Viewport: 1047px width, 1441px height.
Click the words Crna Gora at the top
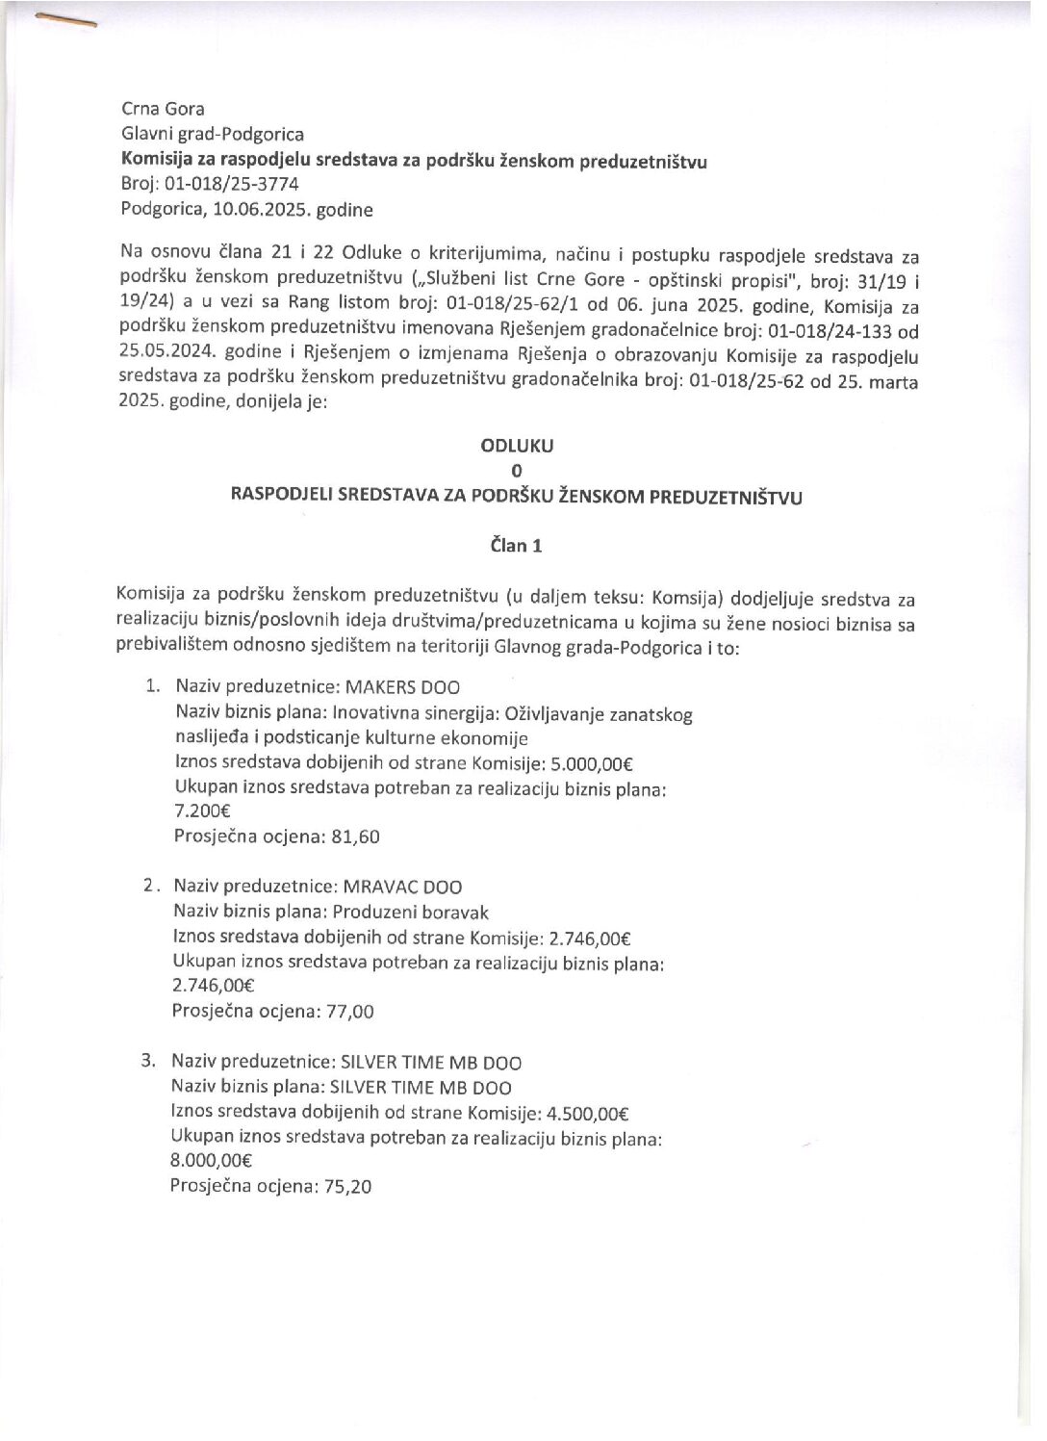[163, 109]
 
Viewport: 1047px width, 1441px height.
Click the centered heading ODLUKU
[518, 446]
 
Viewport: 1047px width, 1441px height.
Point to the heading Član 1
[517, 546]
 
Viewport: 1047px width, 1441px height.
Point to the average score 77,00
[352, 1012]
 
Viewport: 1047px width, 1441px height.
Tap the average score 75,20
[349, 1187]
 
